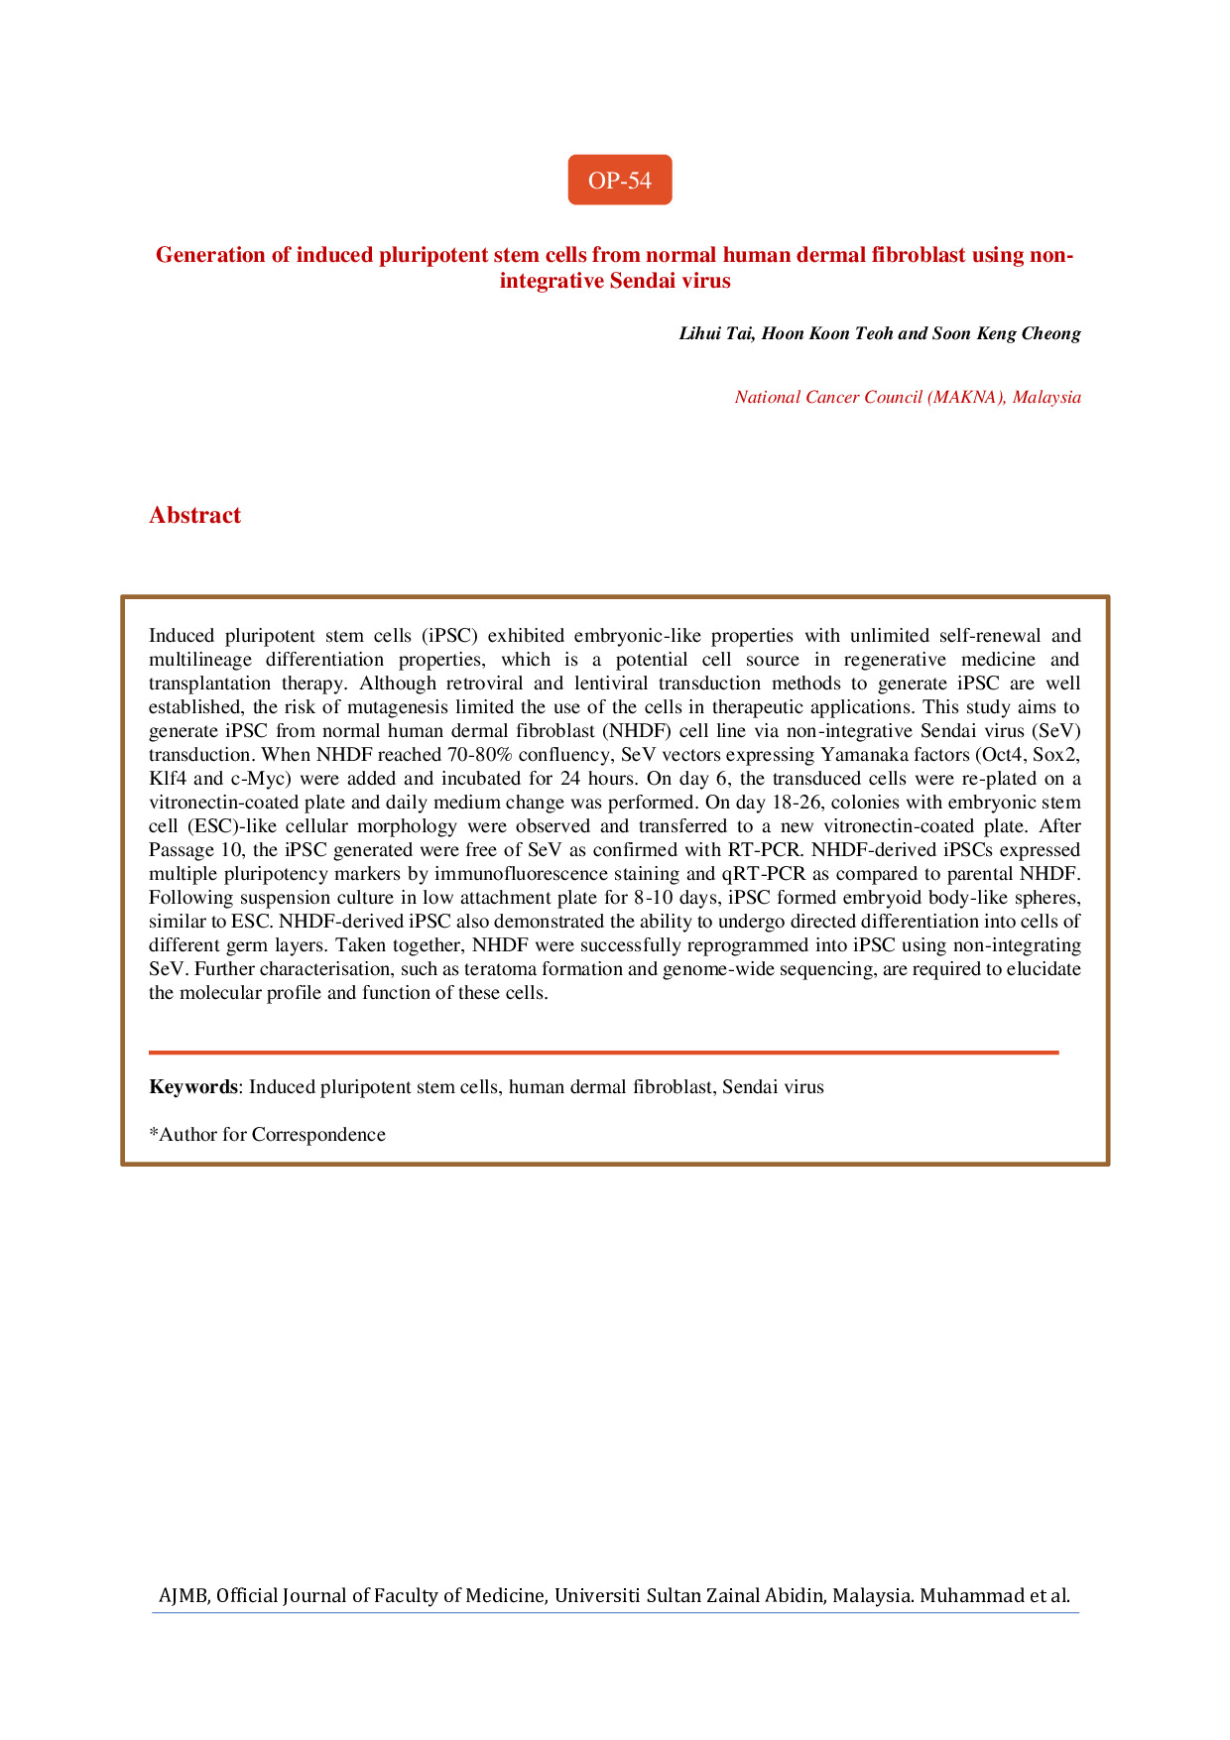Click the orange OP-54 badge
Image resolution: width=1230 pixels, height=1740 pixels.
click(x=619, y=180)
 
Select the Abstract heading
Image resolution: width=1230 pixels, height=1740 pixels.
click(x=194, y=515)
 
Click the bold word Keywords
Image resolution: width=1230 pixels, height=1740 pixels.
click(x=193, y=1086)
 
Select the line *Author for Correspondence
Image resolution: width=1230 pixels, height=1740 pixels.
click(x=267, y=1134)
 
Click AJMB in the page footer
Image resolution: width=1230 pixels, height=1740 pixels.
click(x=183, y=1596)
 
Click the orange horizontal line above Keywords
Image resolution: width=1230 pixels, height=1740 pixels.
click(x=603, y=1052)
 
